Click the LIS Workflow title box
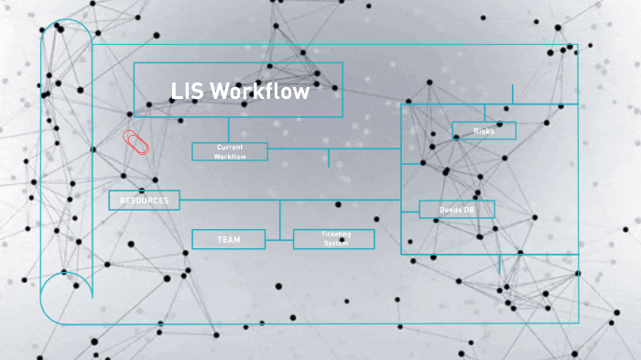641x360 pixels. [238, 90]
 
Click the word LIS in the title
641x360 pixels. [187, 92]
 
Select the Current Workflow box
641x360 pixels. [230, 151]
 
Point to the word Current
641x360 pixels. [230, 147]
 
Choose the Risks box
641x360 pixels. [483, 131]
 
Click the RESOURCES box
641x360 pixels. [144, 200]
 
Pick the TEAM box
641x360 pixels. [228, 239]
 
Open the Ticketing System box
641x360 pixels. [334, 239]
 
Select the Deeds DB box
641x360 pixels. [457, 210]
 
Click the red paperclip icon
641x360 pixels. [136, 142]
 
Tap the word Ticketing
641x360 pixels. [336, 235]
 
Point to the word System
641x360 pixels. [336, 244]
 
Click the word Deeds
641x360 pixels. [451, 210]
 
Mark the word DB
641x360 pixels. [468, 210]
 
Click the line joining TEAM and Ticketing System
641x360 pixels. [279, 239]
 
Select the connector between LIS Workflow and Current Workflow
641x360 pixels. [230, 129]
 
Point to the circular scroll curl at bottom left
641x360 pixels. [65, 298]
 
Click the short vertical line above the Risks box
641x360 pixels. [513, 93]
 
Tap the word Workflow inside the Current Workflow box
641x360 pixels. [230, 157]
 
